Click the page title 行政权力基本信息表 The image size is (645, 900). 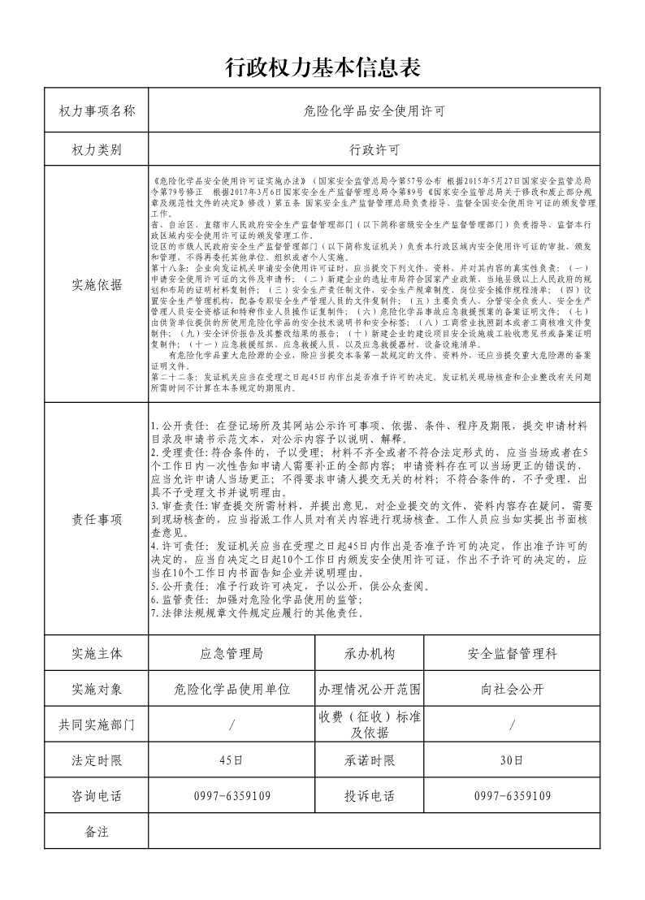[x=322, y=67]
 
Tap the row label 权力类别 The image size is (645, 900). [x=97, y=150]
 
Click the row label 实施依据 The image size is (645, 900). [x=97, y=284]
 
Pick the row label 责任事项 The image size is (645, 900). [x=97, y=520]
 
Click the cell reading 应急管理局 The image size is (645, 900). [x=232, y=653]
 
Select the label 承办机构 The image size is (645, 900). [x=370, y=653]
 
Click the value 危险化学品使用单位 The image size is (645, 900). [x=232, y=690]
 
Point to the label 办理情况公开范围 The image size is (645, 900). [x=370, y=690]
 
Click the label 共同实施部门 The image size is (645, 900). [x=97, y=725]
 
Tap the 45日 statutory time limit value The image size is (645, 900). [x=232, y=760]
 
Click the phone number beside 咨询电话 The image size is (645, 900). [x=232, y=796]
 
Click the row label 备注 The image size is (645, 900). [x=97, y=832]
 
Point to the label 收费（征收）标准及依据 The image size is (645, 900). [x=370, y=725]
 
